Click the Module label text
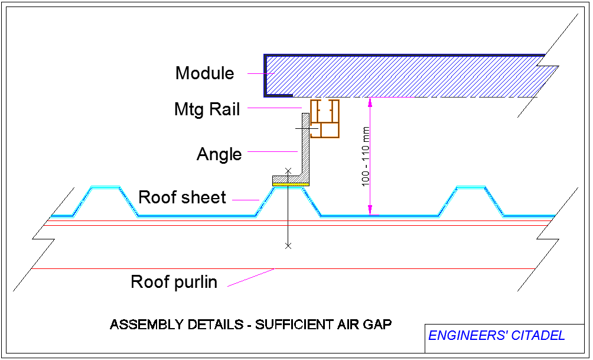click(204, 73)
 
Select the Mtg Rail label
click(207, 109)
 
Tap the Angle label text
click(219, 154)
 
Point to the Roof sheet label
click(182, 197)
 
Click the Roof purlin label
click(174, 282)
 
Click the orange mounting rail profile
click(325, 119)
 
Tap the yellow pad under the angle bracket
click(291, 184)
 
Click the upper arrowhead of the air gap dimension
click(370, 102)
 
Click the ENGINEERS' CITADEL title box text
click(496, 336)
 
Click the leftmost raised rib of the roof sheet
click(105, 188)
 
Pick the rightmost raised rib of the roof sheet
click(471, 188)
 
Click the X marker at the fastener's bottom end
click(288, 245)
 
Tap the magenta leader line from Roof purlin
click(251, 278)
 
